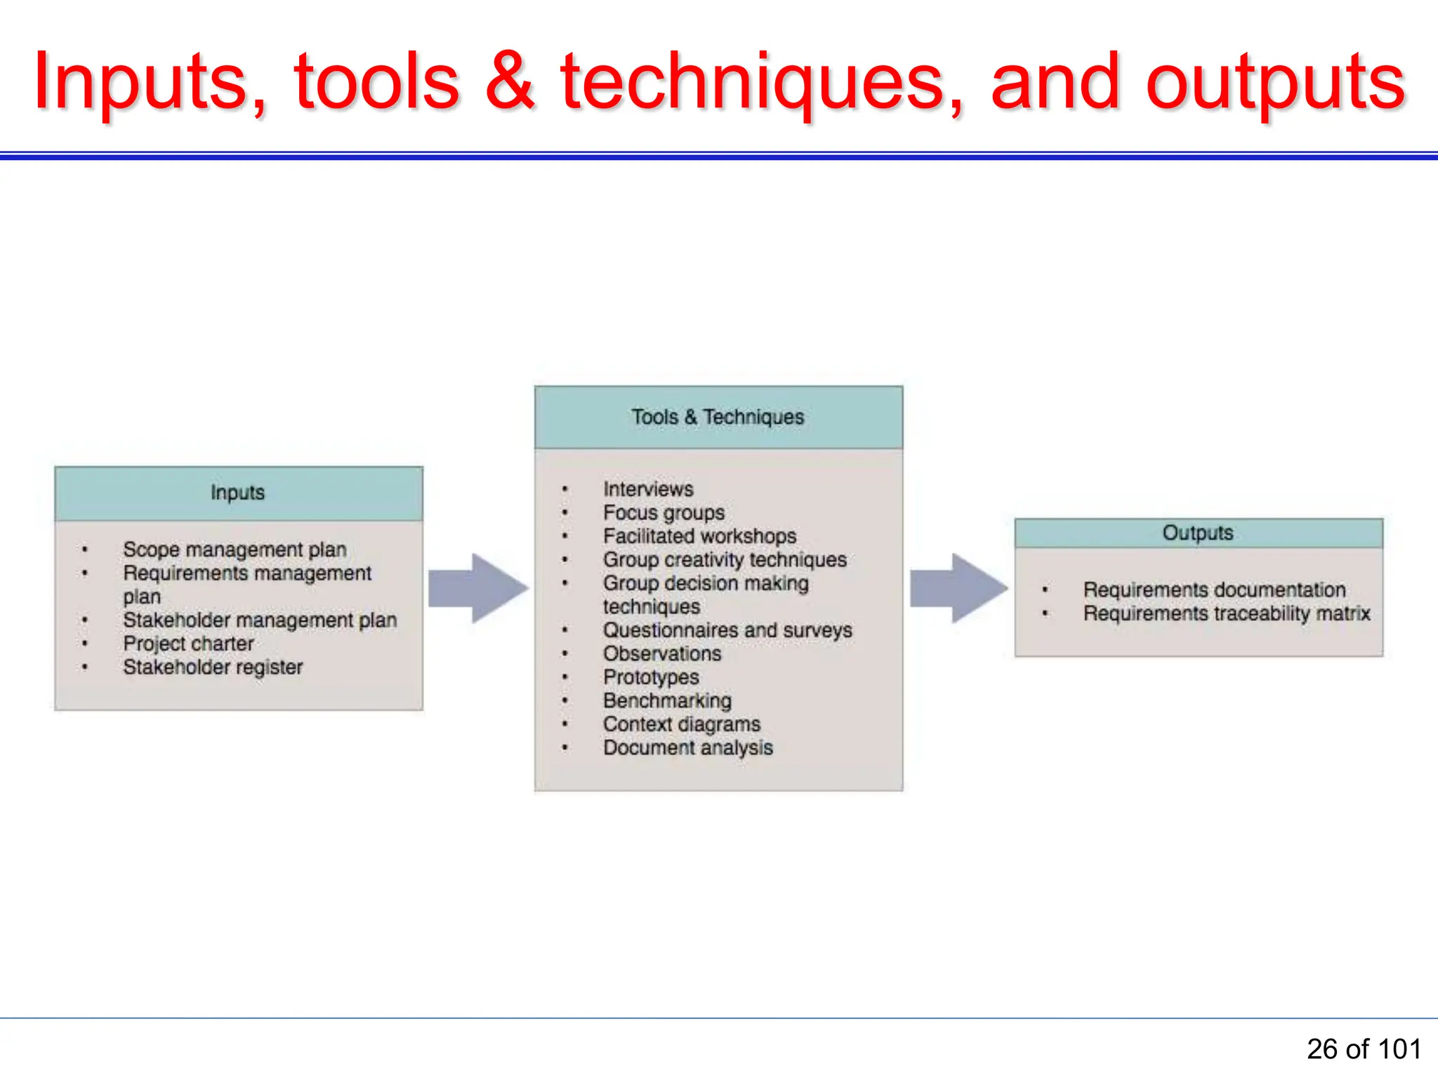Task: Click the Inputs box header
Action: point(238,493)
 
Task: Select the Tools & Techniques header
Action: point(718,417)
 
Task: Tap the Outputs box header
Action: point(1198,533)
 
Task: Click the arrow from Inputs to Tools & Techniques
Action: point(478,588)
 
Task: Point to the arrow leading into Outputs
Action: point(958,588)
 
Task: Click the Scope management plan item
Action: point(235,550)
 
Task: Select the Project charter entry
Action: point(188,644)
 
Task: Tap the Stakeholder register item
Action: point(213,667)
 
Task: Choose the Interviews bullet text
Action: point(648,489)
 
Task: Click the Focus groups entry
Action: point(664,513)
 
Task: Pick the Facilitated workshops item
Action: point(699,536)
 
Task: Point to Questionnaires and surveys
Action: point(727,630)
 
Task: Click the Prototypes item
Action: point(651,677)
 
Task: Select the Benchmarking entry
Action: point(667,700)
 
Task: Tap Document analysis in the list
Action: point(687,747)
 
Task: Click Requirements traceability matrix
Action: point(1226,613)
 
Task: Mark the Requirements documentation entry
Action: point(1214,590)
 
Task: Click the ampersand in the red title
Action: point(510,82)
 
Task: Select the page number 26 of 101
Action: point(1363,1049)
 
